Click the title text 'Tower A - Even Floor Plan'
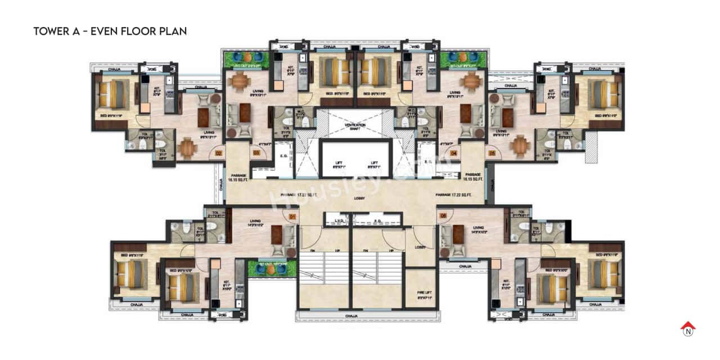coord(110,31)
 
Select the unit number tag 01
coord(292,216)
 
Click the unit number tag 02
coord(219,152)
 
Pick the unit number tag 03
coord(256,152)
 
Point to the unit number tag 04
coord(453,152)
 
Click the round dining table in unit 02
coord(187,147)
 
